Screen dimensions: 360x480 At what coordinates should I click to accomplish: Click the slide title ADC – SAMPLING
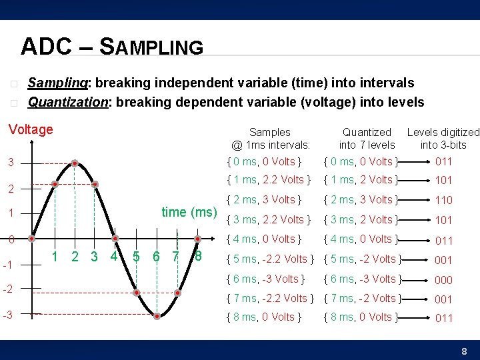[111, 47]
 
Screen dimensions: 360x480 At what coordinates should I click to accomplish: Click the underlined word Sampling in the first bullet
[58, 83]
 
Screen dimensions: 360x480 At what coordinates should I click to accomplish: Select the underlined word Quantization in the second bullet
[67, 102]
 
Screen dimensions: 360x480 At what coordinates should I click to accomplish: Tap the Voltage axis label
[31, 129]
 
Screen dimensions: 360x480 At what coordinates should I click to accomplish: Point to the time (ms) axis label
[189, 212]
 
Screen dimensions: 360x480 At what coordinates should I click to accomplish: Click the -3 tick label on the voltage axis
[8, 314]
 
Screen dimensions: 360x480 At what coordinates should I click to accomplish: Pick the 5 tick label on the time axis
[136, 256]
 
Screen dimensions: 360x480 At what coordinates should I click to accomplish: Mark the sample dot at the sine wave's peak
[75, 163]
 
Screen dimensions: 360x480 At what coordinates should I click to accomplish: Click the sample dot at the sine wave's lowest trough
[157, 317]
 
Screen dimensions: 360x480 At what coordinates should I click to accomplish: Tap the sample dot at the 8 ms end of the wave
[198, 239]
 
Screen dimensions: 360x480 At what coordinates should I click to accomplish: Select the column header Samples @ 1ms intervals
[271, 139]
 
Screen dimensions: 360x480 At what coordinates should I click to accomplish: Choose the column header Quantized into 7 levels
[367, 139]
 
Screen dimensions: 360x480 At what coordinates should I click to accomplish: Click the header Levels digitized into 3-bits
[443, 139]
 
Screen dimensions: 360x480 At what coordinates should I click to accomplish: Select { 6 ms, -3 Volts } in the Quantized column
[361, 279]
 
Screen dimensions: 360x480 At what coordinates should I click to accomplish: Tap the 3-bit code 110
[444, 200]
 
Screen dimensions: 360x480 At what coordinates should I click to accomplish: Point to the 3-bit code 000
[444, 280]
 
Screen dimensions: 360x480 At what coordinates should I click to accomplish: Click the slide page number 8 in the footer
[465, 351]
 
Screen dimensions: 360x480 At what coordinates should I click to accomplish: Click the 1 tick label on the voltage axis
[10, 213]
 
